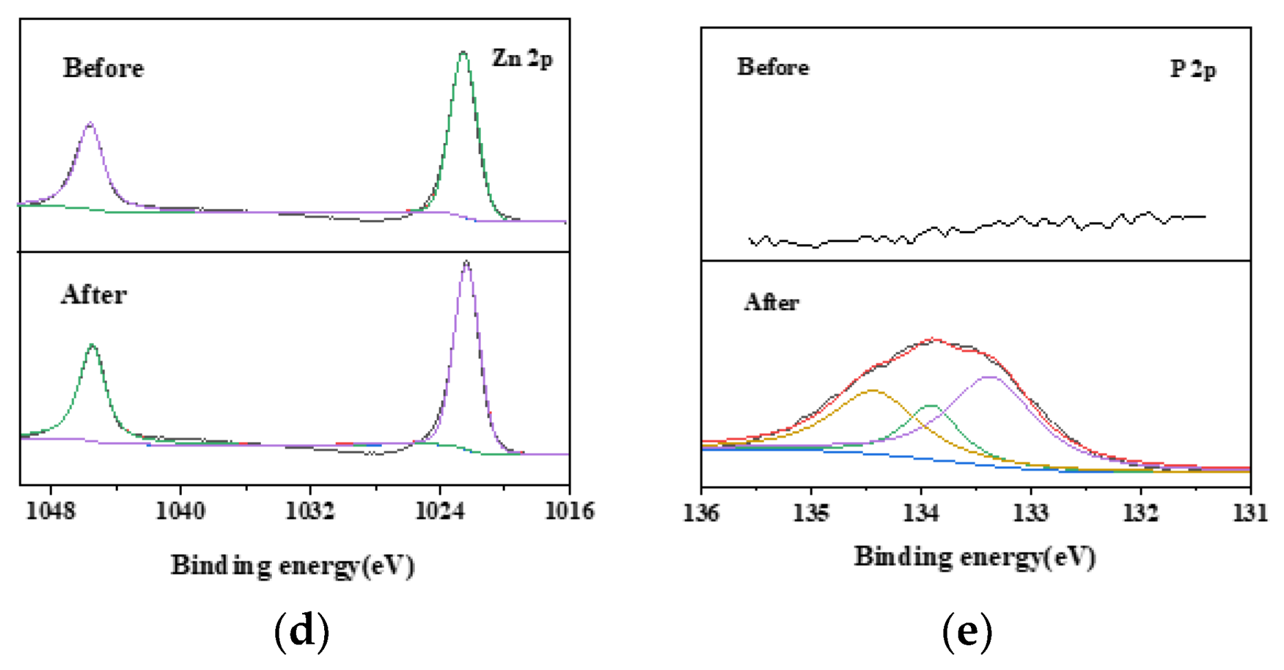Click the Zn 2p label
tap(522, 59)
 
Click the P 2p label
tap(1193, 69)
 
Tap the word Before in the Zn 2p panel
tap(104, 69)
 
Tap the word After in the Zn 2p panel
tap(94, 295)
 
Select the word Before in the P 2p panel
tap(773, 67)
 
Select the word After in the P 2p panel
tap(772, 302)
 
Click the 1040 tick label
tap(180, 511)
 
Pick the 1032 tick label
tap(310, 511)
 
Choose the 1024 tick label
tap(440, 511)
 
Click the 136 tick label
tap(701, 513)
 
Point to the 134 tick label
tap(921, 513)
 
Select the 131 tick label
tap(1250, 513)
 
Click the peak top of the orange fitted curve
tap(873, 390)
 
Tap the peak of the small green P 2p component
tap(931, 405)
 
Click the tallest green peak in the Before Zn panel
tap(463, 52)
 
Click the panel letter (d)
tap(301, 631)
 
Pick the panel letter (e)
tap(967, 631)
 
